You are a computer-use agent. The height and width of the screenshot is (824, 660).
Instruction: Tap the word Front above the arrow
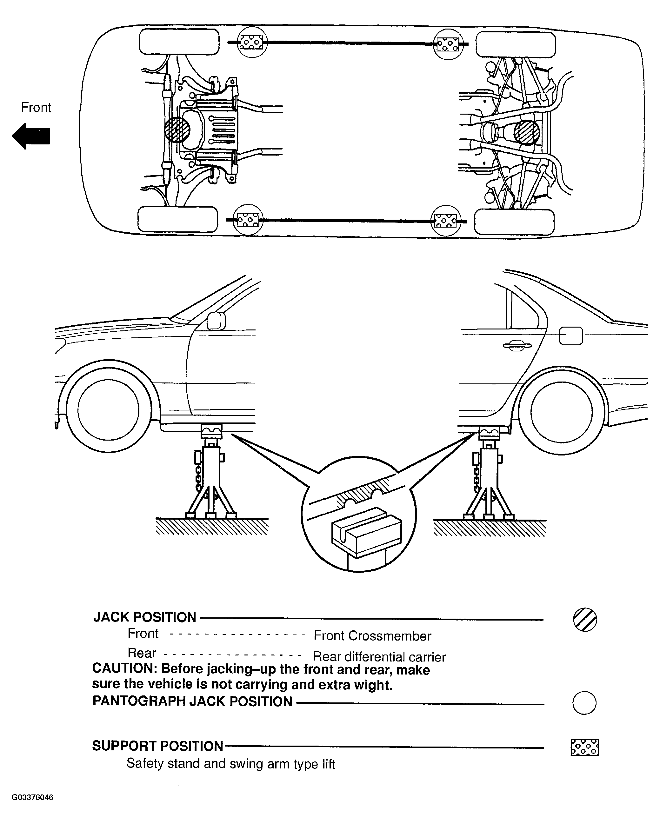click(x=36, y=107)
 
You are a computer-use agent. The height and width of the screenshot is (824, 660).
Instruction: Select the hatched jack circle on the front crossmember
click(x=177, y=130)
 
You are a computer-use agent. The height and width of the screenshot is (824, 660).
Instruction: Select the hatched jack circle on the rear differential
click(x=527, y=133)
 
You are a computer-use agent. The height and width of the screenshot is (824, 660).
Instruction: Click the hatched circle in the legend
click(x=585, y=619)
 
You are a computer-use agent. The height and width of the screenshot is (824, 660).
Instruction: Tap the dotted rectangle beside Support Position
click(x=584, y=747)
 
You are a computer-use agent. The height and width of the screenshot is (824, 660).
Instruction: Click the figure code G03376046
click(x=32, y=797)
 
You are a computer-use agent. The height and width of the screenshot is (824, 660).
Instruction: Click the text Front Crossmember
click(x=372, y=636)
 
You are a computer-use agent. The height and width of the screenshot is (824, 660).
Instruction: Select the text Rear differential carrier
click(x=379, y=657)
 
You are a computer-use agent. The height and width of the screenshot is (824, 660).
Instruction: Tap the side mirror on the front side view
click(x=216, y=321)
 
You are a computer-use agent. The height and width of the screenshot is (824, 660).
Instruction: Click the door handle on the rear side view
click(x=517, y=345)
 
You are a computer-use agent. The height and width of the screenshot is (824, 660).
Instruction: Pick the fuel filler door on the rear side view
click(x=570, y=336)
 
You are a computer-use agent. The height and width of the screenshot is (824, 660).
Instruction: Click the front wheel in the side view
click(x=108, y=410)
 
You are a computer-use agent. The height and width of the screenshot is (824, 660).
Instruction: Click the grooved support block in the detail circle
click(x=366, y=532)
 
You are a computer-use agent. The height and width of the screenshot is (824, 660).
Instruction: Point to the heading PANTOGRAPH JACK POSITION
click(x=192, y=701)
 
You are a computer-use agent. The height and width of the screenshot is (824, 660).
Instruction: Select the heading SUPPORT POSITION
click(x=157, y=746)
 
